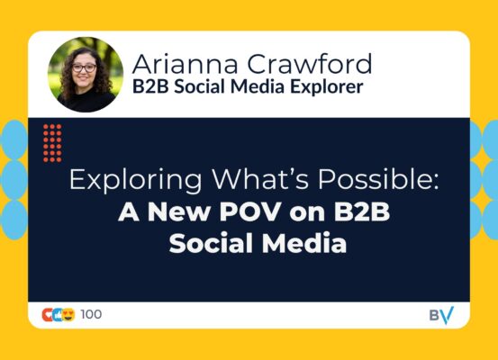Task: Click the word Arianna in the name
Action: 185,64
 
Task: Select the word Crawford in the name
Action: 310,64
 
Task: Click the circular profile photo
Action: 86,75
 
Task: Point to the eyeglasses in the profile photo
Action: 84,67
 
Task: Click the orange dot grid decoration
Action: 52,143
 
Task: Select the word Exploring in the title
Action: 135,180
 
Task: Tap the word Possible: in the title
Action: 378,179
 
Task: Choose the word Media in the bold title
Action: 304,243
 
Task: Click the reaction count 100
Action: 91,314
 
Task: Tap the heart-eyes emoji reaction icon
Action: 68,315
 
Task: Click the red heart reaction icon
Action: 48,315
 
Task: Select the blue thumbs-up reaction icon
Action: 58,315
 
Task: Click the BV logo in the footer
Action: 442,315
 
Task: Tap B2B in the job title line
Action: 150,86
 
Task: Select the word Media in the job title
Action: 257,86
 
